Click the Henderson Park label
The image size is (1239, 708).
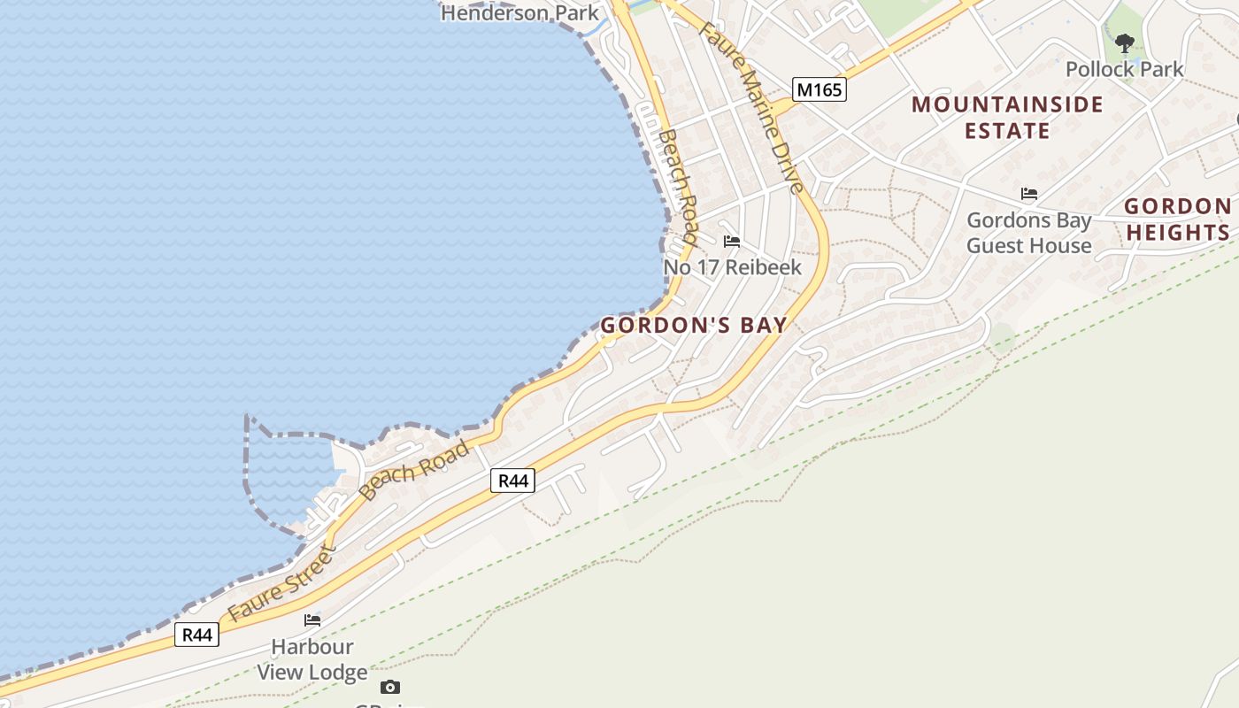519,13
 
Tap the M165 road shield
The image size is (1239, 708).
820,89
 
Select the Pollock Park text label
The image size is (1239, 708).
1124,69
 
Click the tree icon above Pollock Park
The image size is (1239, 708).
1124,42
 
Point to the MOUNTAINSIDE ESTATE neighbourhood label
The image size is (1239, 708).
1007,118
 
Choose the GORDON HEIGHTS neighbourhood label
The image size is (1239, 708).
1177,219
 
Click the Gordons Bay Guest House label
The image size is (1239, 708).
1028,233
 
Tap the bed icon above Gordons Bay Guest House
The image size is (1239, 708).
1028,193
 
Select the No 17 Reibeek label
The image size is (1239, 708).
732,267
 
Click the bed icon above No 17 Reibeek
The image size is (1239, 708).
731,241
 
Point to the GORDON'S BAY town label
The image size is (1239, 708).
694,325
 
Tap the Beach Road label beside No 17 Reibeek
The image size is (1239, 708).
679,187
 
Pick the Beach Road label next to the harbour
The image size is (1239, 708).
415,470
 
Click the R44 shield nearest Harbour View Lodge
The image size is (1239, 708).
196,635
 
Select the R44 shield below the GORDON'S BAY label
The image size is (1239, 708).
512,481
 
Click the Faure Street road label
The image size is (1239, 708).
281,584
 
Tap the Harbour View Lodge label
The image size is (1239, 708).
312,659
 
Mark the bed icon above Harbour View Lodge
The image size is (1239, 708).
312,619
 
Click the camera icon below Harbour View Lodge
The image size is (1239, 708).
389,687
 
